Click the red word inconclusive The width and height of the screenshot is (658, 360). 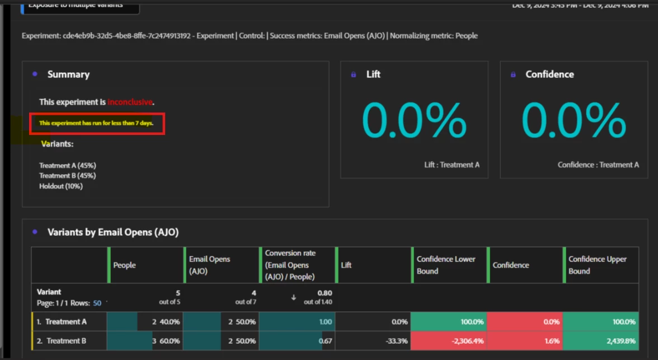130,102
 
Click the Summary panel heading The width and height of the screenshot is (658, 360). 68,74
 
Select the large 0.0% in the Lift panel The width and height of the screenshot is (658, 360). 414,120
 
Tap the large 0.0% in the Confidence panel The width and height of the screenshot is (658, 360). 574,120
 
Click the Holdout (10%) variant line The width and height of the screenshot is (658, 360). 61,186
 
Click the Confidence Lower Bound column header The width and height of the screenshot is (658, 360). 446,265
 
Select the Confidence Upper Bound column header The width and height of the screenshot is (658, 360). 598,265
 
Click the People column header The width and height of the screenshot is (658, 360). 125,265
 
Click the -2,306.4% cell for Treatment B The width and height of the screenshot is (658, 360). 464,341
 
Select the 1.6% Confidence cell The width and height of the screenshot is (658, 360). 551,341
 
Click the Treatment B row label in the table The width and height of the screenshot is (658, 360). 66,341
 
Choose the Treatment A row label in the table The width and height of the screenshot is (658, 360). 65,322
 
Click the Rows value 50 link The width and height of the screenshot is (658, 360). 97,303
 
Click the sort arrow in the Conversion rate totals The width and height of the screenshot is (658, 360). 293,297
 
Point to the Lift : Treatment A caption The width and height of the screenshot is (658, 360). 452,165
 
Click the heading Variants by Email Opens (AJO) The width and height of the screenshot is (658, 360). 113,232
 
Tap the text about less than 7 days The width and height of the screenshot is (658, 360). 96,123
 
